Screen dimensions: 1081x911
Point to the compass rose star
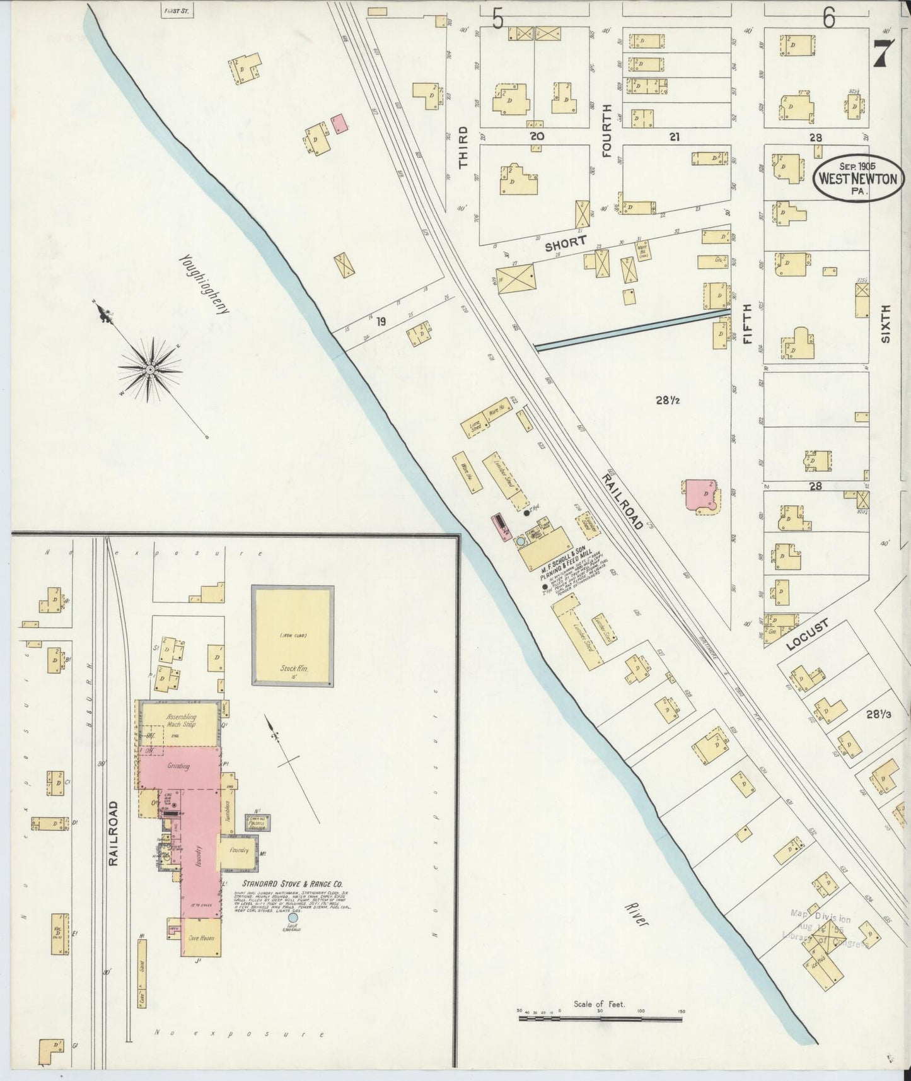(151, 369)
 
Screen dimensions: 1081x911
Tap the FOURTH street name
(606, 130)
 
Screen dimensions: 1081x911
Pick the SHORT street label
(566, 243)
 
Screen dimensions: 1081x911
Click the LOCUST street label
(808, 636)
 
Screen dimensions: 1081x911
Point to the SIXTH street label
(886, 324)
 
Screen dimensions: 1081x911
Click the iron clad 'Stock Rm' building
(293, 635)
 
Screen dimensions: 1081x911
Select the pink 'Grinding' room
(180, 768)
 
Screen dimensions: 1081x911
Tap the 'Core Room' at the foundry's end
(200, 938)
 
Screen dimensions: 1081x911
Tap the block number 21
(674, 136)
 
